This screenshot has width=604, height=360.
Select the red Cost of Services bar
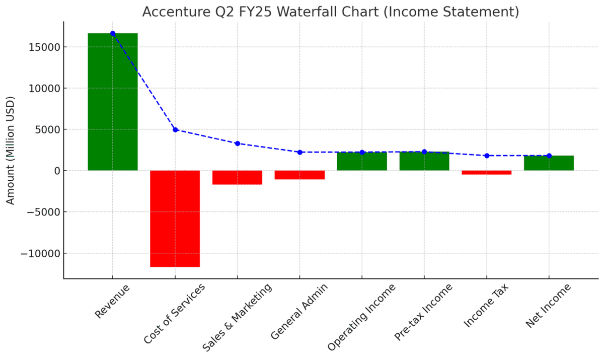click(x=175, y=219)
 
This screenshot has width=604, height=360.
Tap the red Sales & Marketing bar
click(x=237, y=178)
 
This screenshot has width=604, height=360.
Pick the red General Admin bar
click(x=299, y=175)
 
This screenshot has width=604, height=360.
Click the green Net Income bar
click(x=549, y=163)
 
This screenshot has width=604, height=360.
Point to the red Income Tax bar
click(x=486, y=173)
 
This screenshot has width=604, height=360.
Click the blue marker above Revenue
click(x=112, y=33)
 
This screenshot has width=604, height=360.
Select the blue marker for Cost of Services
click(x=175, y=129)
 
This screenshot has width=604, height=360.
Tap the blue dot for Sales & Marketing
click(x=237, y=143)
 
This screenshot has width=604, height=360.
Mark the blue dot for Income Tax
click(x=486, y=156)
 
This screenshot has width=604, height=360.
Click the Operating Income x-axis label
click(x=362, y=317)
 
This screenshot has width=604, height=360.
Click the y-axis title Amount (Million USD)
click(x=11, y=150)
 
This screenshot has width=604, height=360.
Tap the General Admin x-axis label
click(x=299, y=312)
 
